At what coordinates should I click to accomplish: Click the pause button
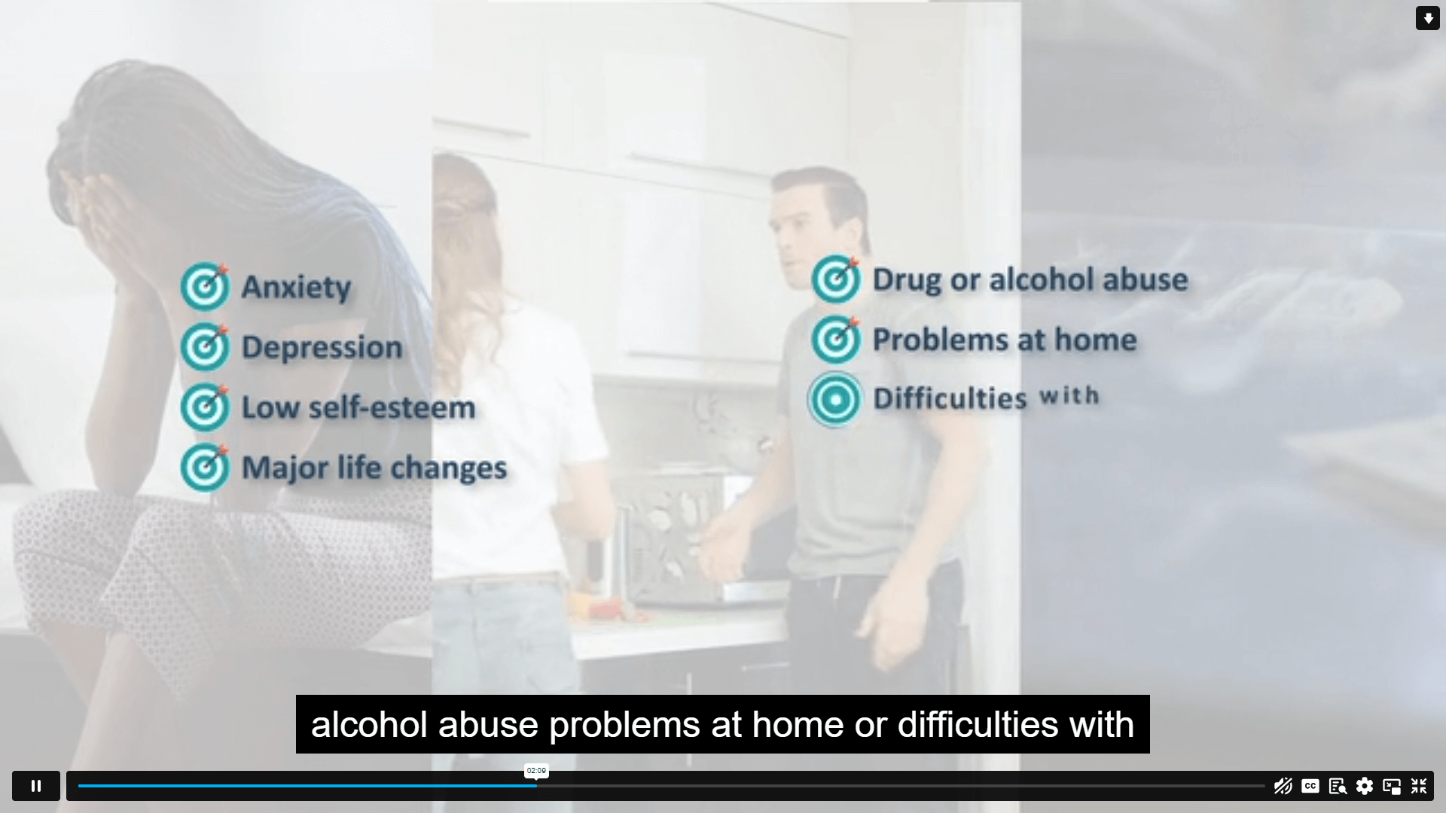pyautogui.click(x=35, y=786)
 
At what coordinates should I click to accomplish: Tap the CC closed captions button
pyautogui.click(x=1310, y=786)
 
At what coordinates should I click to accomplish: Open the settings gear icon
pyautogui.click(x=1365, y=786)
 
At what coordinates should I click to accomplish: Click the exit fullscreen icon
pyautogui.click(x=1419, y=786)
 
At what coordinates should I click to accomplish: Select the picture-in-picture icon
pyautogui.click(x=1392, y=787)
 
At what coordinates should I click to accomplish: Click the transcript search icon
pyautogui.click(x=1338, y=786)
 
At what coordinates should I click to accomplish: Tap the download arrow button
pyautogui.click(x=1428, y=18)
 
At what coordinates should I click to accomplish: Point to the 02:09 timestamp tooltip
pyautogui.click(x=536, y=771)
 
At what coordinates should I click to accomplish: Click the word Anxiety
pyautogui.click(x=296, y=288)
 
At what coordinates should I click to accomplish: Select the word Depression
pyautogui.click(x=322, y=348)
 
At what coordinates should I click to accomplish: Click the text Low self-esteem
pyautogui.click(x=358, y=407)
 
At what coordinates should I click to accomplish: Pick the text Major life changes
pyautogui.click(x=374, y=468)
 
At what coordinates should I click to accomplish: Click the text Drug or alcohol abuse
pyautogui.click(x=1030, y=279)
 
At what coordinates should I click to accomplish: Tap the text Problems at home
pyautogui.click(x=1005, y=340)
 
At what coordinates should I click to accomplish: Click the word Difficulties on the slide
pyautogui.click(x=950, y=398)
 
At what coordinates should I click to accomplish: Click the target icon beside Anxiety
pyautogui.click(x=205, y=286)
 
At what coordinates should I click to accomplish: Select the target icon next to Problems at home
pyautogui.click(x=836, y=339)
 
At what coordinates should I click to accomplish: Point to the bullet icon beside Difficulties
pyautogui.click(x=835, y=400)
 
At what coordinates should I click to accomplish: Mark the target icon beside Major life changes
pyautogui.click(x=205, y=467)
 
